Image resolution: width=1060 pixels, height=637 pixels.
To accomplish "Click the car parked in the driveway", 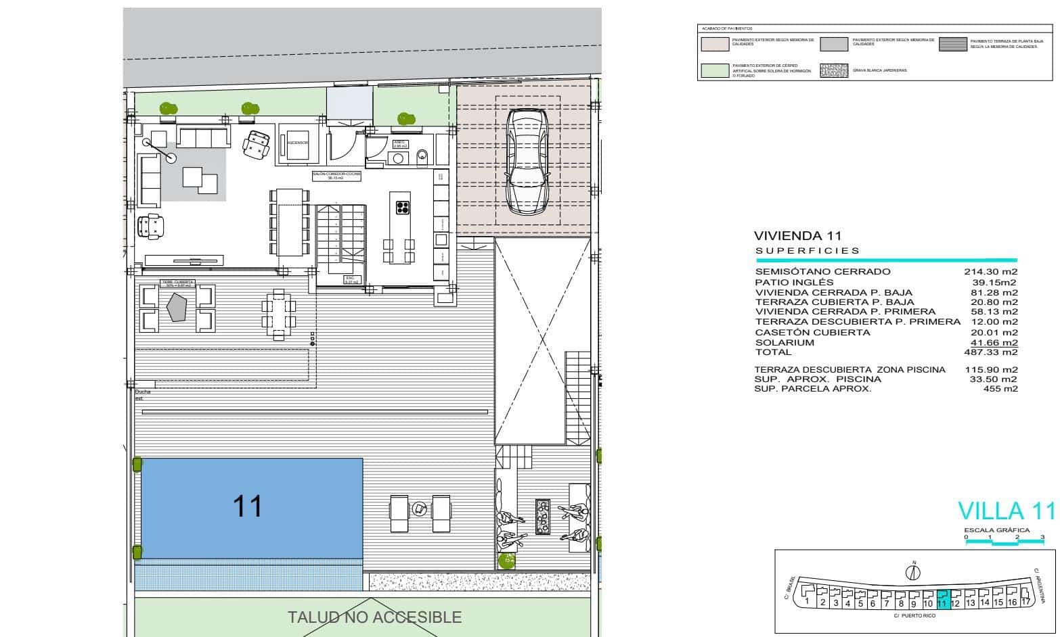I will click(x=527, y=162).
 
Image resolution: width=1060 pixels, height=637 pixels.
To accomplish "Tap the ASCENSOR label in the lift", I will click(x=297, y=143).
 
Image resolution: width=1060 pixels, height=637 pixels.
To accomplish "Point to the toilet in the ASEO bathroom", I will click(x=423, y=157).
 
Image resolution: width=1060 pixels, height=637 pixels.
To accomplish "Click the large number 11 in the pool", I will click(x=247, y=506).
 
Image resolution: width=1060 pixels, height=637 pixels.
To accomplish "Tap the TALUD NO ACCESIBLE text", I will click(x=374, y=617).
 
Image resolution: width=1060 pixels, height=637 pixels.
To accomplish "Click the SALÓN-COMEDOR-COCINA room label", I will click(x=336, y=175).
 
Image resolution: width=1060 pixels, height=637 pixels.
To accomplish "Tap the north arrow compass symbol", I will click(x=914, y=572).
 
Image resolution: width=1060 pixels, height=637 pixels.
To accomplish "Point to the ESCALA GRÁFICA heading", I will click(x=996, y=530).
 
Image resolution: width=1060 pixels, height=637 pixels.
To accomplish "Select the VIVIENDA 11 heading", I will click(x=797, y=236).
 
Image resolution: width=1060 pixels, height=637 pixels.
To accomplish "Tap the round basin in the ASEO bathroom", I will click(x=398, y=158).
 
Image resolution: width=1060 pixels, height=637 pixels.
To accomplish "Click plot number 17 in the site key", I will click(x=1025, y=600).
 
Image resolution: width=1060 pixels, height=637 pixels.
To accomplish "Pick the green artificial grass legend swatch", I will click(x=714, y=70).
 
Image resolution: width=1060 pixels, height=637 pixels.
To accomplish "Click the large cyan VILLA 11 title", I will click(x=1006, y=510).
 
